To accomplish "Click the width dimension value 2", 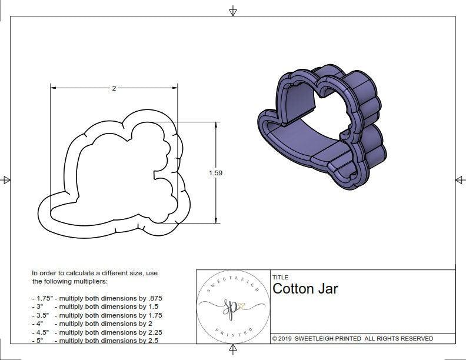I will point(114,88).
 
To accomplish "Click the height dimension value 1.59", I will point(215,173).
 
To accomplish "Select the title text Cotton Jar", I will point(305,289).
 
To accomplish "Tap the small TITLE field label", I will point(279,278).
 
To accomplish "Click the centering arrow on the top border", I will point(233,11).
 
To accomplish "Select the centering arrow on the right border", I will point(460,180).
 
